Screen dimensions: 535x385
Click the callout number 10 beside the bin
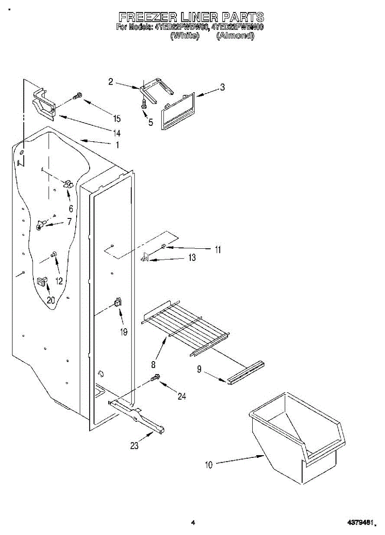pyautogui.click(x=209, y=465)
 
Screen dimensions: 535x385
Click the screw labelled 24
pyautogui.click(x=155, y=378)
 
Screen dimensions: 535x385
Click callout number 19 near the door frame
pyautogui.click(x=123, y=332)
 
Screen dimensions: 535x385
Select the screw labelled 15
pyautogui.click(x=78, y=96)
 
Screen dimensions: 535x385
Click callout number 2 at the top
pyautogui.click(x=111, y=82)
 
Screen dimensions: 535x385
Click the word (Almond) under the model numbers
pyautogui.click(x=235, y=36)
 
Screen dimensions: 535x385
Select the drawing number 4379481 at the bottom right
pyautogui.click(x=362, y=522)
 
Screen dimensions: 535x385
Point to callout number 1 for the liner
pyautogui.click(x=117, y=144)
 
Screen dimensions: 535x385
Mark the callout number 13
pyautogui.click(x=192, y=258)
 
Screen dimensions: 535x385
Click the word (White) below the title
pyautogui.click(x=184, y=36)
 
